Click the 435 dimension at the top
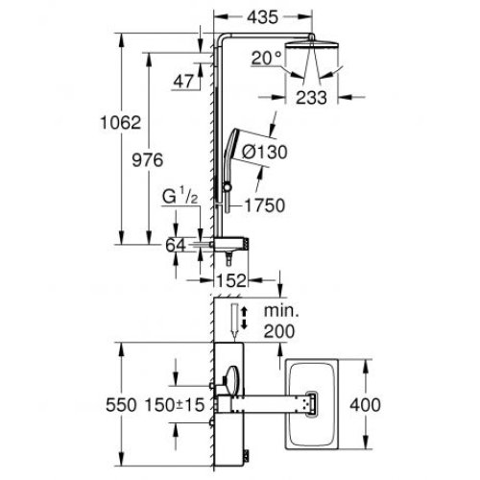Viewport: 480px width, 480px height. [263, 17]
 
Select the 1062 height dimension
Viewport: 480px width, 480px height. [121, 123]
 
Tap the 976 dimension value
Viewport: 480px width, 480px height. [148, 160]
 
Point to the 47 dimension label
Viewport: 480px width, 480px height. [183, 82]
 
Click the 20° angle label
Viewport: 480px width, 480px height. [266, 59]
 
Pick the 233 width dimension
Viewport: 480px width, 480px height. [311, 98]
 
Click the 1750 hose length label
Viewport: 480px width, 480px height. [265, 205]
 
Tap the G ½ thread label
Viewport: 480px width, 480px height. [180, 196]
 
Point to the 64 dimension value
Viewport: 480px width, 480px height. [176, 246]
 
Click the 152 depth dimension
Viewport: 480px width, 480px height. [231, 280]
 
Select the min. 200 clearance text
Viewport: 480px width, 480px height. [279, 322]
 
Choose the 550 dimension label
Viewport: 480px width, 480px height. [121, 405]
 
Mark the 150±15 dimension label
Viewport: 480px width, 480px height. [175, 405]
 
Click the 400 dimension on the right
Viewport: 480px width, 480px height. [365, 405]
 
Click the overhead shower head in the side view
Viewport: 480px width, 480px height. [311, 44]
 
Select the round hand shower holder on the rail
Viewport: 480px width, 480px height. [228, 187]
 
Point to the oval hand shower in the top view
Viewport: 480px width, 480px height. [232, 379]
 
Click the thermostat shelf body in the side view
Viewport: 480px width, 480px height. [231, 245]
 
